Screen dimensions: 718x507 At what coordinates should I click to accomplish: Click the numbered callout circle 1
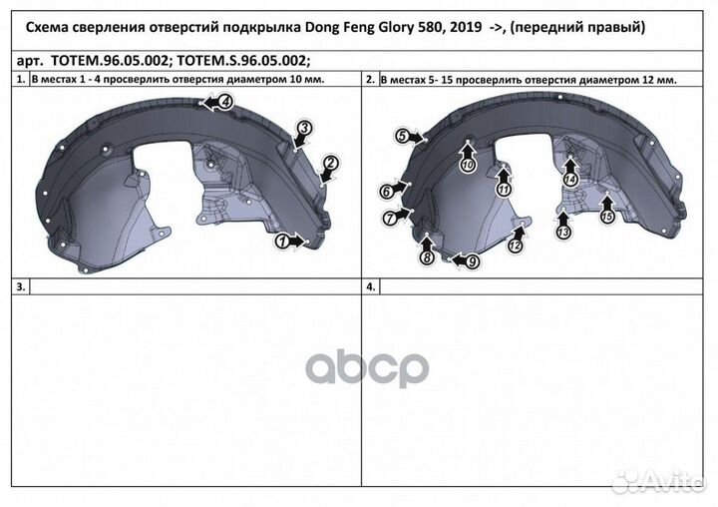[282, 242]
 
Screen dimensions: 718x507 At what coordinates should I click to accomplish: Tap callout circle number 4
[225, 102]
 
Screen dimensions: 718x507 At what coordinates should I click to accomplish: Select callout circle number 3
[305, 129]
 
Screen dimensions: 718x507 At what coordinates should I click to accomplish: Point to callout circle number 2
[331, 163]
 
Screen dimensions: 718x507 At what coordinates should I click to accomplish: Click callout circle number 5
[403, 136]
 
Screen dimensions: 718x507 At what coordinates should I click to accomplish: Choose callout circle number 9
[472, 261]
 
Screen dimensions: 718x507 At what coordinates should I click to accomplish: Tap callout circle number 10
[468, 165]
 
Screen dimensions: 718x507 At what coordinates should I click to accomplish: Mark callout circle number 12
[516, 246]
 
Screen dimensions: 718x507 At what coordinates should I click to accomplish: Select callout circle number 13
[563, 232]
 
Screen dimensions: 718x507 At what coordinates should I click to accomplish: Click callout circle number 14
[570, 180]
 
